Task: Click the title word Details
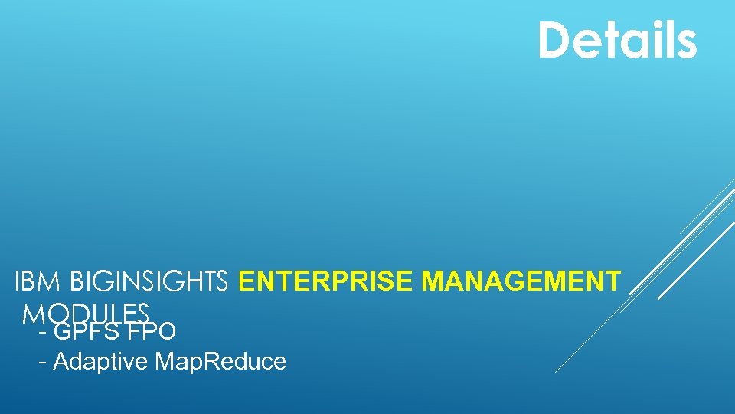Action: click(617, 40)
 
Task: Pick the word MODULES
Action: click(86, 313)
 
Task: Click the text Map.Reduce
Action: click(220, 361)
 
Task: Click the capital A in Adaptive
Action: click(61, 361)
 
